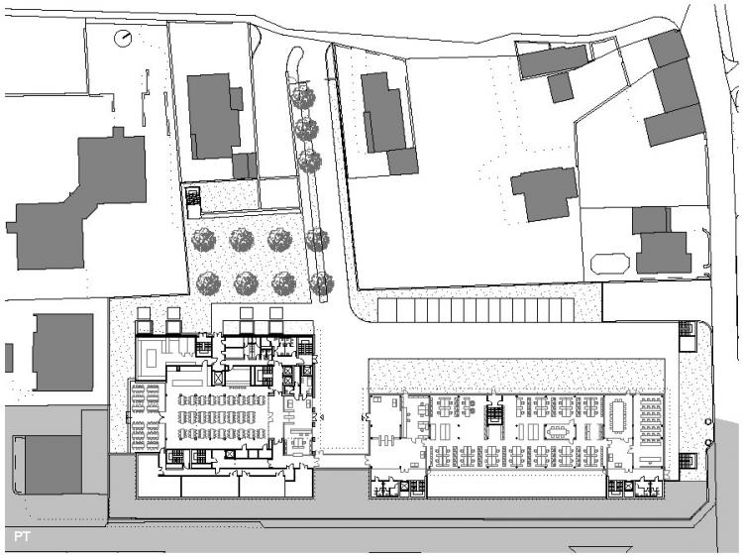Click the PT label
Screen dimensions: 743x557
coord(22,536)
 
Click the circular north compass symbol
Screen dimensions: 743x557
coord(123,38)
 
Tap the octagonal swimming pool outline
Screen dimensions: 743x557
coord(610,264)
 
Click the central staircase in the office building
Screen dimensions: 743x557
coord(494,415)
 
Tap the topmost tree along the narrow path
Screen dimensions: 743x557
coord(303,97)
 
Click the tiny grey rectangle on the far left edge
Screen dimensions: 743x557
coord(9,358)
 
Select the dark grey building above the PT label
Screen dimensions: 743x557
coord(53,465)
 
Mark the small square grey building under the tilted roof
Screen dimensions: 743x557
coord(560,87)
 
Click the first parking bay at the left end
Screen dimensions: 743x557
coord(387,310)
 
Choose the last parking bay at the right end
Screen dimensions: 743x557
coord(568,310)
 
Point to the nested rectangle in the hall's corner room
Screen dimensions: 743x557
coord(152,357)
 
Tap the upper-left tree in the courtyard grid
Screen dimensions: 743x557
coord(204,240)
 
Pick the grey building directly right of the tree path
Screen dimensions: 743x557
coord(388,124)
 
